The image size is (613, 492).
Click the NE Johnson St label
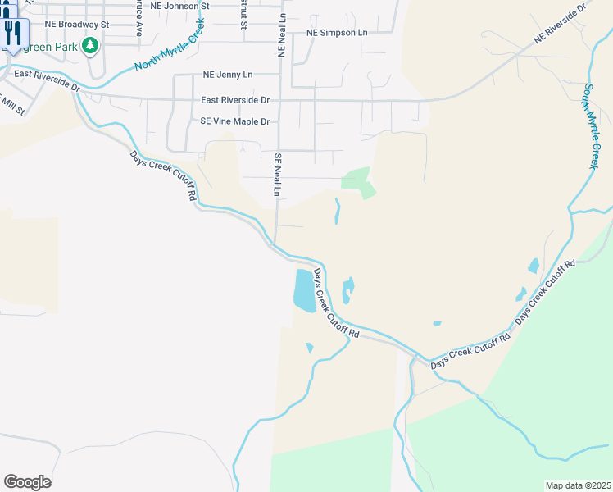(180, 6)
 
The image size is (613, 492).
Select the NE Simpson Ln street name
(337, 33)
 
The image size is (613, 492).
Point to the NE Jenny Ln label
(227, 75)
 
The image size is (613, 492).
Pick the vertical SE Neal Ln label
(278, 175)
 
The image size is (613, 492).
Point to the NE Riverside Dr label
(561, 24)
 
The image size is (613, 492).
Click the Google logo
(27, 482)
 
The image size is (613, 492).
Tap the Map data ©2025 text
(578, 485)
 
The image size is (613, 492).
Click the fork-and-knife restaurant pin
(11, 33)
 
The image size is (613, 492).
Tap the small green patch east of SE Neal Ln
(358, 181)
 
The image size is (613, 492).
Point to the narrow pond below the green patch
(337, 212)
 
